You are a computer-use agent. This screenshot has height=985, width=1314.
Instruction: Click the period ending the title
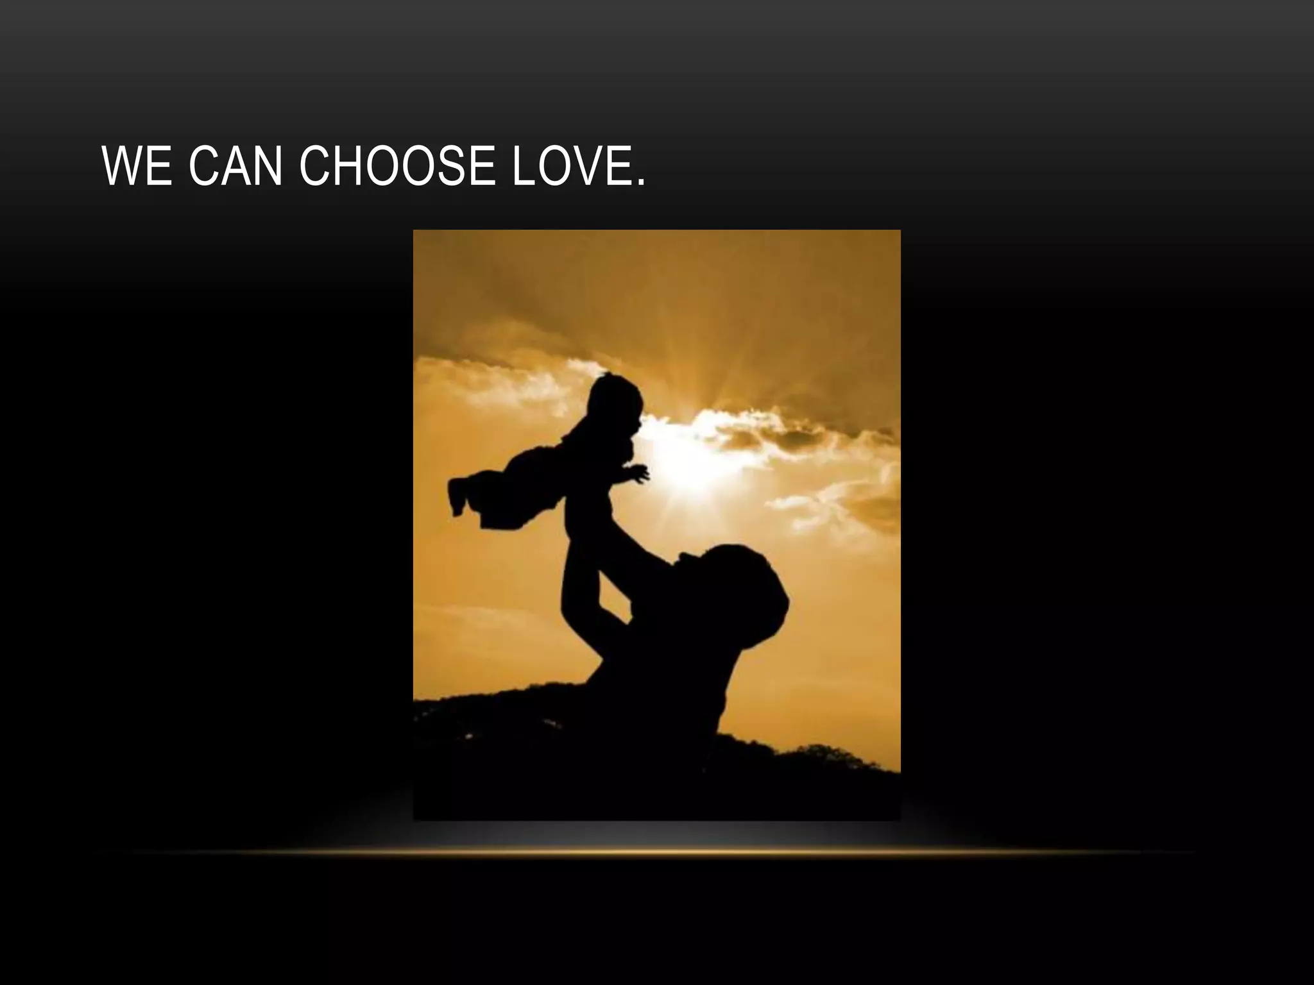(639, 182)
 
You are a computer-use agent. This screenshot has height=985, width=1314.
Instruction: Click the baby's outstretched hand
(639, 475)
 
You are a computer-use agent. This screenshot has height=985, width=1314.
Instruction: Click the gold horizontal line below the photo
(657, 852)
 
